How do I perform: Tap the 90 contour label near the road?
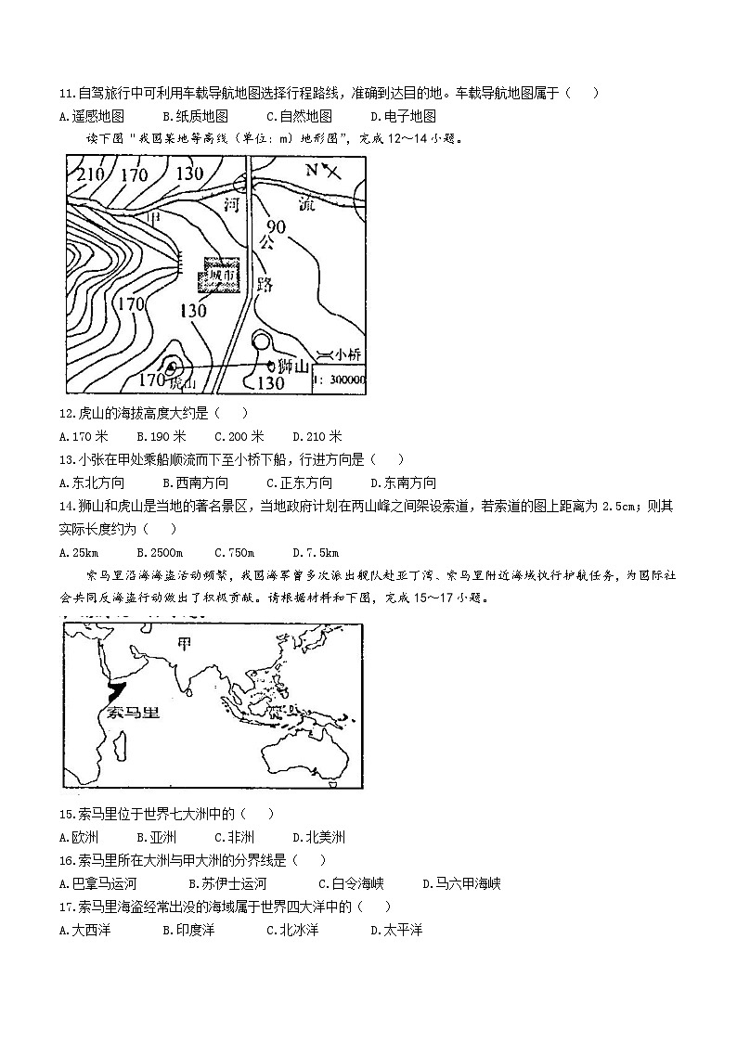pos(277,226)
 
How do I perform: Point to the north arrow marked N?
pos(320,171)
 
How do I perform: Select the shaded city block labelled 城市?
pos(219,277)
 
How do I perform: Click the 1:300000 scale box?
pos(340,379)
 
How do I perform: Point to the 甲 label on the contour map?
pos(154,217)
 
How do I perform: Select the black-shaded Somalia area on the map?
pos(117,691)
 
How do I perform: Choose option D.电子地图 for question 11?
pos(403,116)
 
